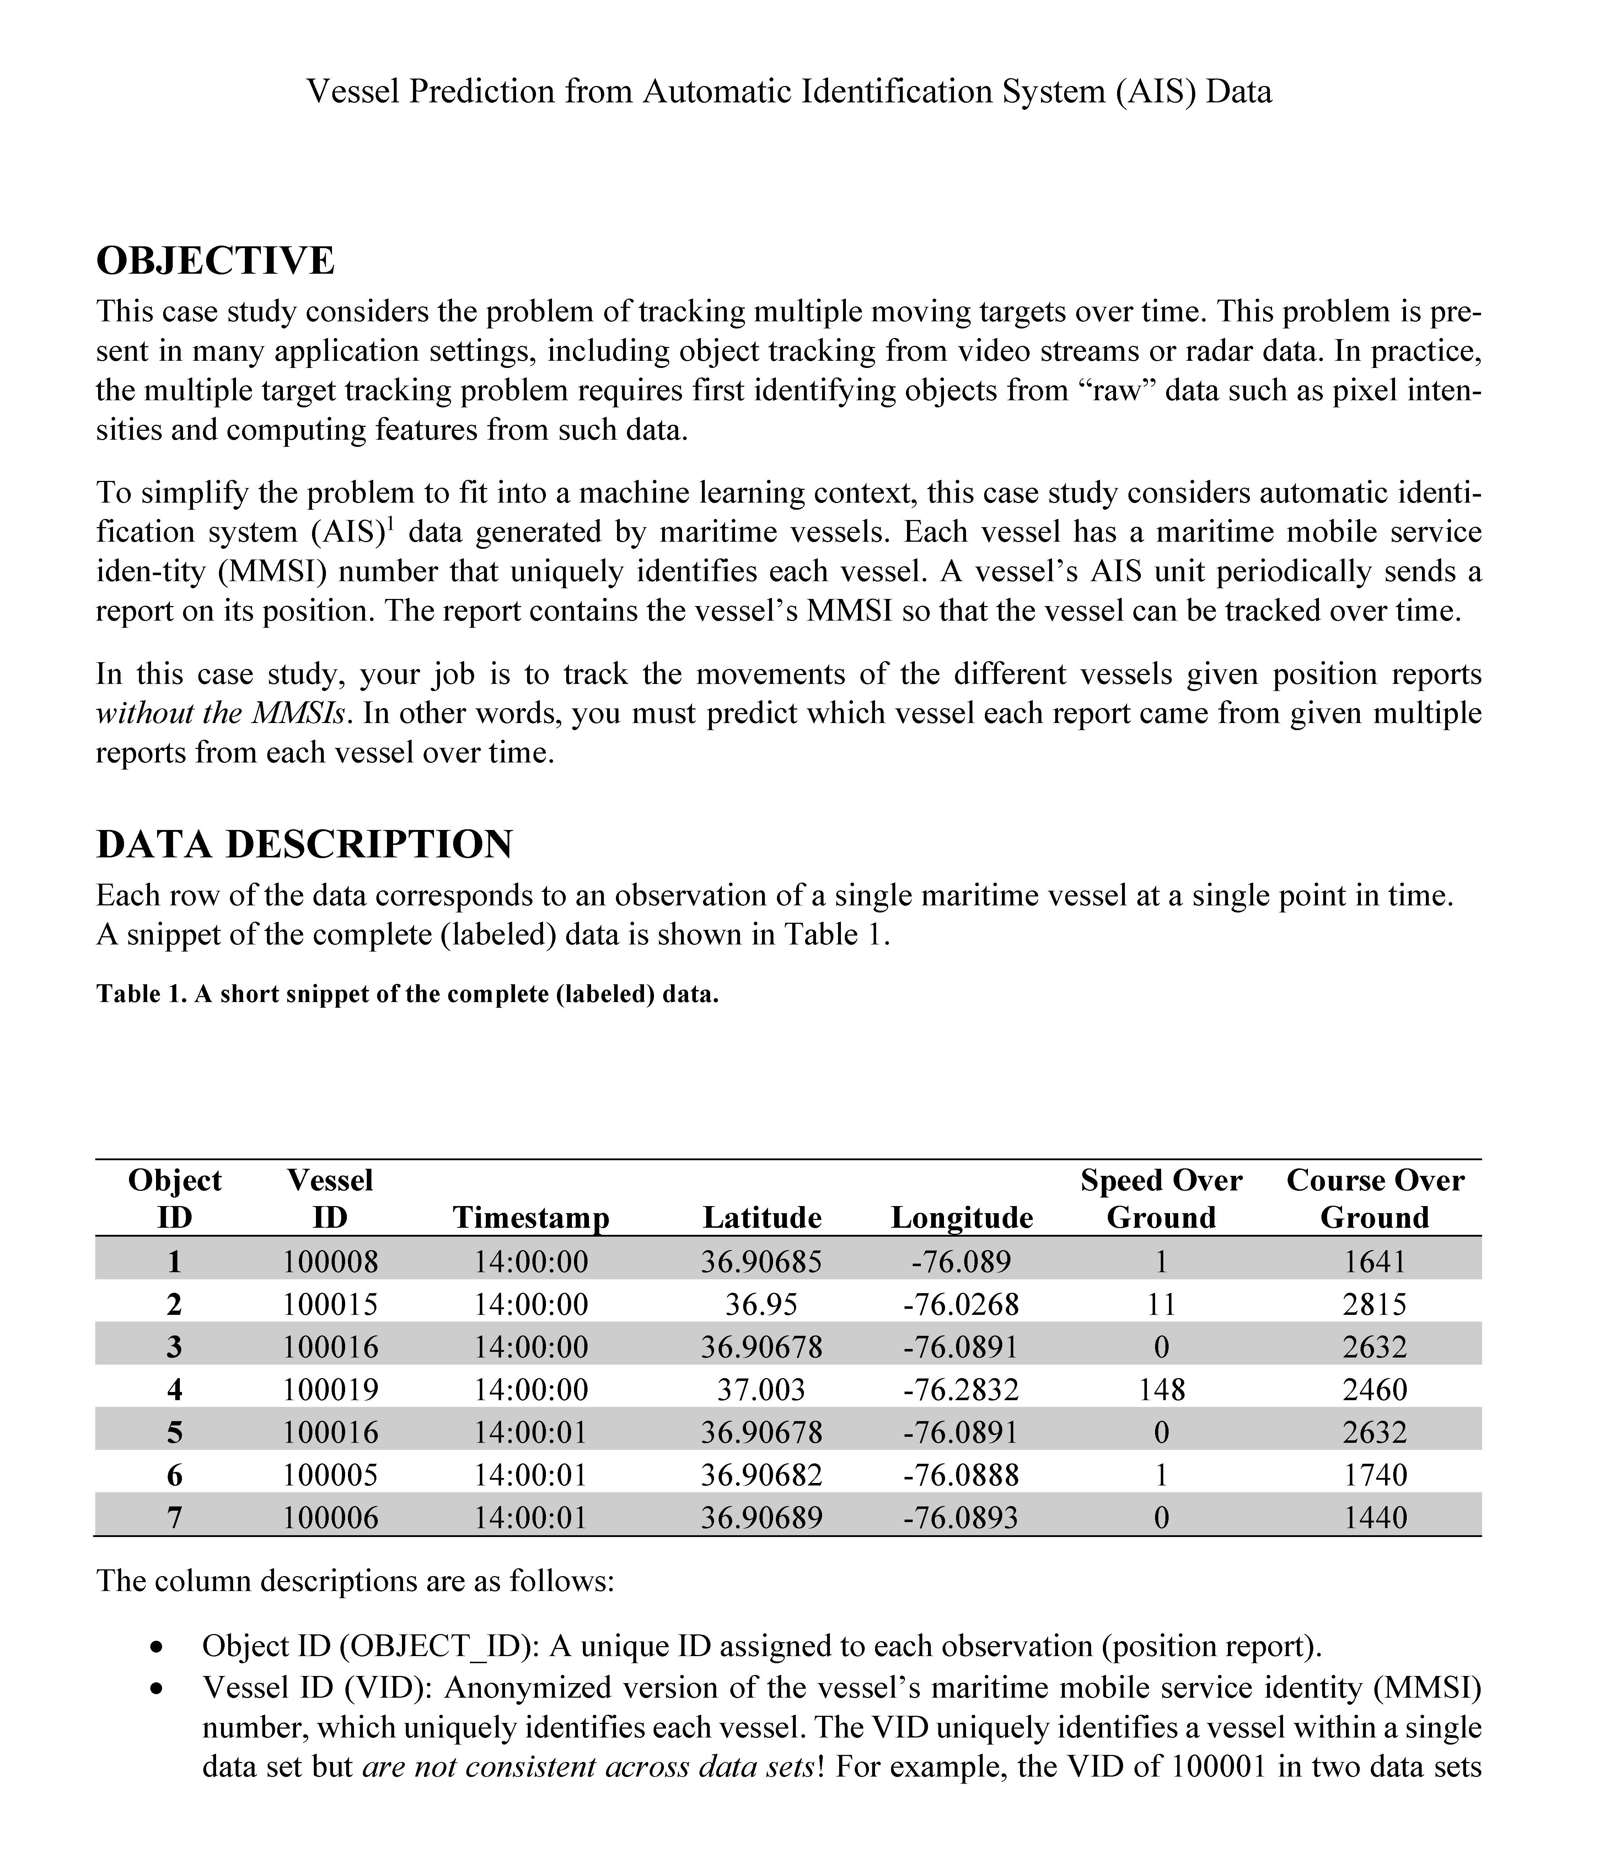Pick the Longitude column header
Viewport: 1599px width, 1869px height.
(x=961, y=1218)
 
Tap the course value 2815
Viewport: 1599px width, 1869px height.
(x=1374, y=1304)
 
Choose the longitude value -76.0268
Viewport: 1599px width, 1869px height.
(x=961, y=1304)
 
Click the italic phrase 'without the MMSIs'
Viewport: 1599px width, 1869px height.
(x=221, y=713)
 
